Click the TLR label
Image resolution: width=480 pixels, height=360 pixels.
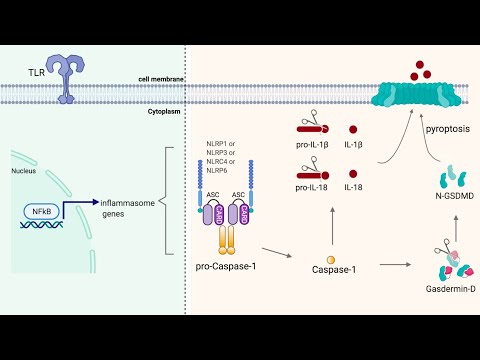point(37,73)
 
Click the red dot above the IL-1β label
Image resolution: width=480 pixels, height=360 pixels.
point(353,129)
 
